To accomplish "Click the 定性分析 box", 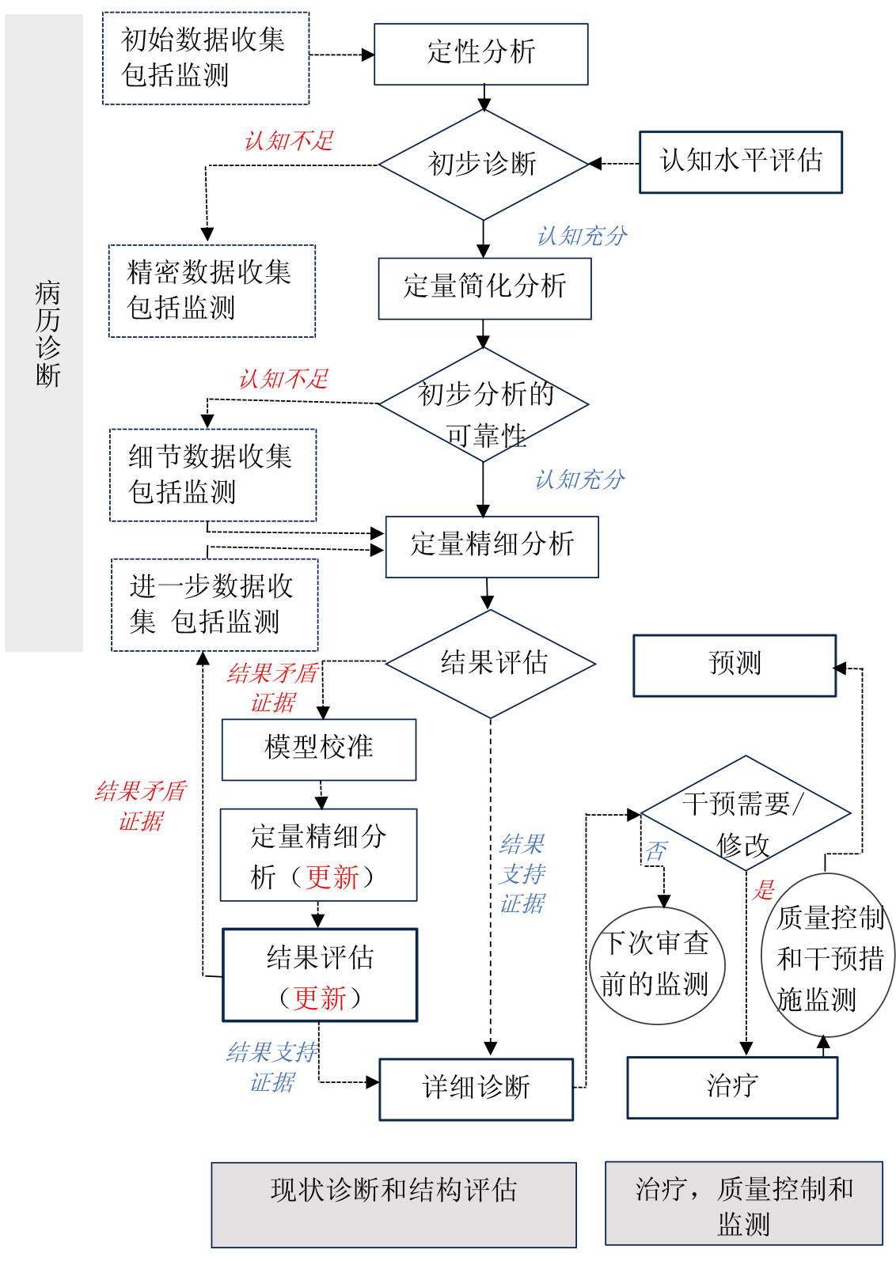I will pos(480,54).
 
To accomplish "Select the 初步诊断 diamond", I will pos(483,165).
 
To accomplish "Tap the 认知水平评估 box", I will pos(740,162).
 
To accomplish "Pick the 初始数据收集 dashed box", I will pos(206,58).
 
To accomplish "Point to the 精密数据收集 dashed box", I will pos(211,291).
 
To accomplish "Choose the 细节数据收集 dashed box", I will pos(212,475).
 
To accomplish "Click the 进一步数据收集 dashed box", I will pos(215,605).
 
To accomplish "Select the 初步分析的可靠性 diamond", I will pos(484,405).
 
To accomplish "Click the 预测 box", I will pos(735,665).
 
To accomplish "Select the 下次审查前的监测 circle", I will pos(657,965).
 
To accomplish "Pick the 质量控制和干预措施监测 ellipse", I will pos(828,956).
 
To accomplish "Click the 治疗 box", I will pos(732,1088).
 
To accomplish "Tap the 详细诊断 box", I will pos(476,1089).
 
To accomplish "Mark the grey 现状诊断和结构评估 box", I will pos(393,1204).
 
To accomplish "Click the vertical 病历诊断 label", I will pos(47,333).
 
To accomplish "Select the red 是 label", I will pos(764,889).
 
